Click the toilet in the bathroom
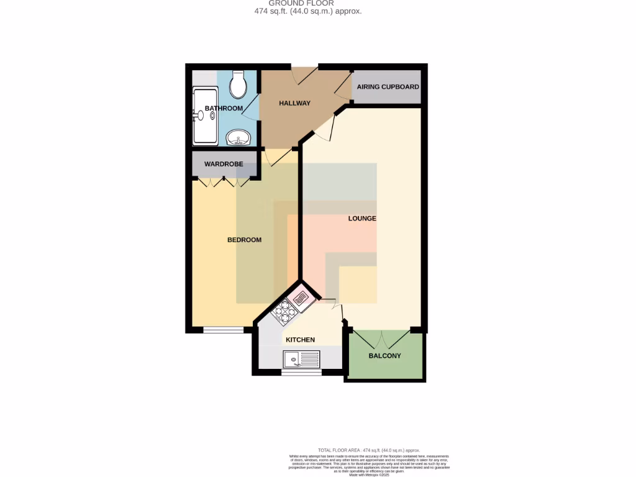click(237, 84)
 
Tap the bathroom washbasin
click(237, 137)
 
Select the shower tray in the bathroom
click(205, 116)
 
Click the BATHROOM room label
click(224, 109)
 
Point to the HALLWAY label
click(294, 103)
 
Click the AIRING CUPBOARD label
click(388, 87)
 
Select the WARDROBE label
click(224, 165)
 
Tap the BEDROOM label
click(244, 240)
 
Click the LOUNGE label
click(362, 219)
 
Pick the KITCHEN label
click(300, 340)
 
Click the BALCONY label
click(385, 356)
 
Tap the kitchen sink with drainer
click(301, 358)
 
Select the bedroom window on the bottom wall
click(224, 330)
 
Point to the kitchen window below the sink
click(298, 373)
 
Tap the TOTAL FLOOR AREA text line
click(369, 450)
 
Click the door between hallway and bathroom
click(251, 107)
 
